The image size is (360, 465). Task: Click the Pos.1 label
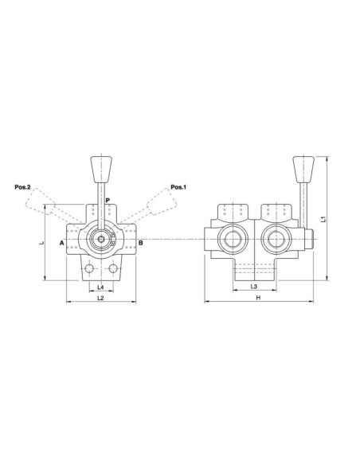178,188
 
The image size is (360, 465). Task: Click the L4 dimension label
100,286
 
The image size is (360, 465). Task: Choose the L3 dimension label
253,286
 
